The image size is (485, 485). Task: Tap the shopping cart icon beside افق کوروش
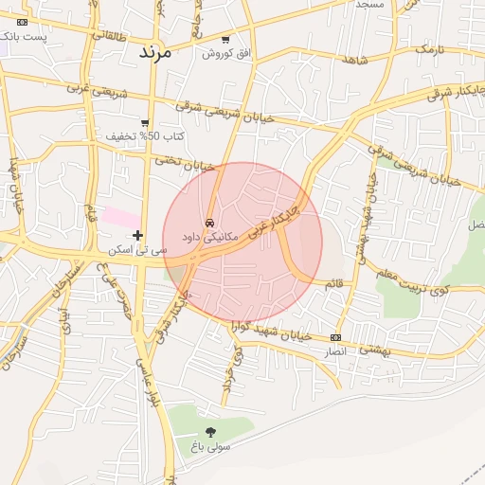point(225,40)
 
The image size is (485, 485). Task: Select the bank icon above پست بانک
point(23,22)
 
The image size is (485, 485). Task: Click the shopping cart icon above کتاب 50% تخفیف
point(145,122)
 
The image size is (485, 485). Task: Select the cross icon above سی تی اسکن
point(138,235)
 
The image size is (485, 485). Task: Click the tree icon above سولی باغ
point(210,432)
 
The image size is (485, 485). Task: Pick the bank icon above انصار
point(336,337)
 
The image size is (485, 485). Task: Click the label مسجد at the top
point(369,5)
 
